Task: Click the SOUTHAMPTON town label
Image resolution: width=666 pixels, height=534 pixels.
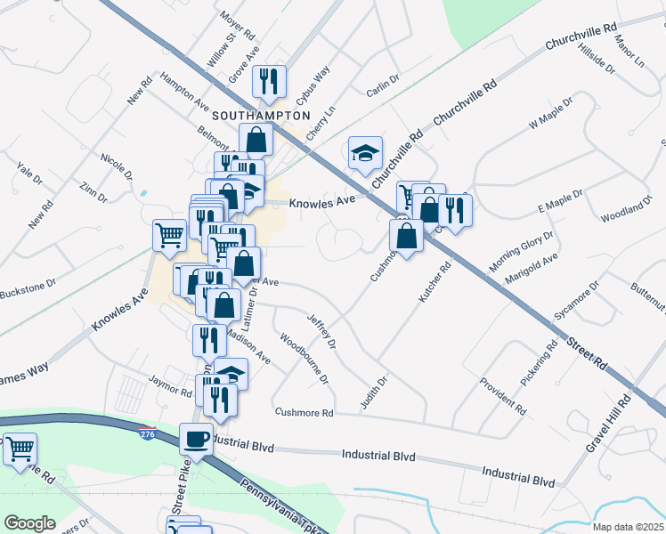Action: (261, 116)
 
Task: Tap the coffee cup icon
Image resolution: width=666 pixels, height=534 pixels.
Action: (196, 439)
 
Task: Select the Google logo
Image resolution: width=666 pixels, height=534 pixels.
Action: (29, 523)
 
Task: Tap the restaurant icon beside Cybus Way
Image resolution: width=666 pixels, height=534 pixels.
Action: (268, 81)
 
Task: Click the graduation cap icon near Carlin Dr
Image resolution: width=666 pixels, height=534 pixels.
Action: (364, 153)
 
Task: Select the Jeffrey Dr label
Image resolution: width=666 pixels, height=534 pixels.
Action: (321, 330)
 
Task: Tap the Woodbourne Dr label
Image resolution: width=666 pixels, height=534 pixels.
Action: (304, 360)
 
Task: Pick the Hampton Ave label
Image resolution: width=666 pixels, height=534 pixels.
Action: (183, 93)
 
